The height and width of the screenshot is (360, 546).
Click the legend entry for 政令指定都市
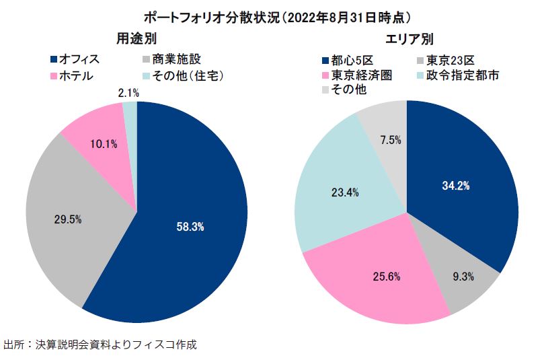coord(460,75)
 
